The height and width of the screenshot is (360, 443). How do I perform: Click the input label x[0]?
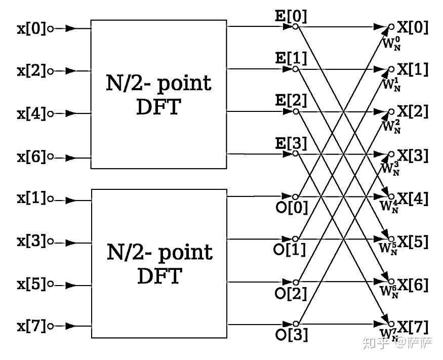(31, 28)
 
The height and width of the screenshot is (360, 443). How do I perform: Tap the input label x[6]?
(31, 157)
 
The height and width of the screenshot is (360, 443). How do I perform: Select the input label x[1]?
(31, 198)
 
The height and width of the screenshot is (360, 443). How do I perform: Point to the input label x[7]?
(31, 326)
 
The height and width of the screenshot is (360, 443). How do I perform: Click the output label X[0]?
(412, 27)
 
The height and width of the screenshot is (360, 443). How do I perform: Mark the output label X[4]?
(412, 199)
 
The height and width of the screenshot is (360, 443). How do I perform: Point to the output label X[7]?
(412, 327)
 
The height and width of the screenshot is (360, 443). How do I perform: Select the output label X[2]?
(412, 111)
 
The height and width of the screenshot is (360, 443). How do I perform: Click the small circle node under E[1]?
(296, 68)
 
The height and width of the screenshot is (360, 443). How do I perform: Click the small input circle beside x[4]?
(50, 114)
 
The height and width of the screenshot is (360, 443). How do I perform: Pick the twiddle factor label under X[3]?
(390, 167)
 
